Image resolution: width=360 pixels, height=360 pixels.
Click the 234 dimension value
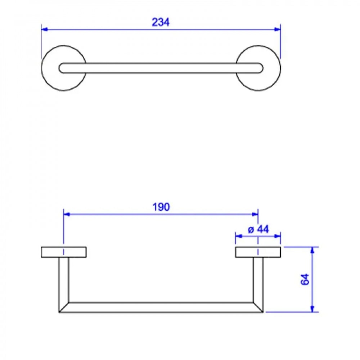tap(160, 22)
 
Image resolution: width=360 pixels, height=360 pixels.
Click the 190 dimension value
tap(161, 207)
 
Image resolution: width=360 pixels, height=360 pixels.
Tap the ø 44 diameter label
tap(258, 229)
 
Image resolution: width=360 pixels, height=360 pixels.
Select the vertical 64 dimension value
tap(305, 279)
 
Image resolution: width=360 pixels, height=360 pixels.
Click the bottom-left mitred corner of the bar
tap(63, 307)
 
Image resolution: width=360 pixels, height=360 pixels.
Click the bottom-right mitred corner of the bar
tap(258, 307)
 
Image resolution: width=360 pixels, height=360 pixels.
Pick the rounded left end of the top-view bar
tap(62, 68)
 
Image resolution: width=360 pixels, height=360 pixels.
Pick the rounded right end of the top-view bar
tap(260, 68)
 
